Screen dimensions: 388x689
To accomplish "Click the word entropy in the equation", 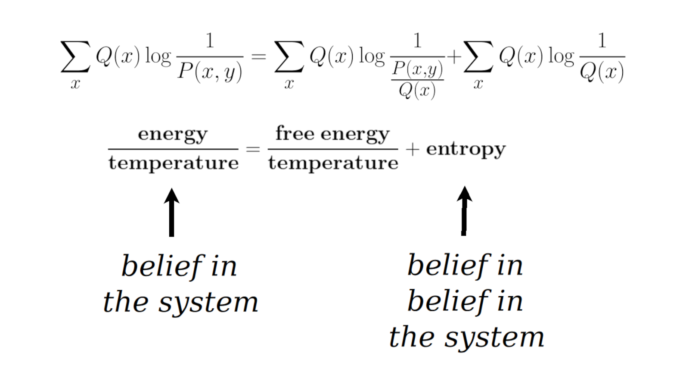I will pos(466,150).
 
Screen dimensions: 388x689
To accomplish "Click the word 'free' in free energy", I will pos(295,133).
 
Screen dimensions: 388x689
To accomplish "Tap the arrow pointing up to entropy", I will pos(464,211).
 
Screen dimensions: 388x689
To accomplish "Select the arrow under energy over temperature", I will pos(171,212).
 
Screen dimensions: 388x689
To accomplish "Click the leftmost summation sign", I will pos(75,56).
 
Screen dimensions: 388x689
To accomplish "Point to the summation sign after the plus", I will pos(478,56).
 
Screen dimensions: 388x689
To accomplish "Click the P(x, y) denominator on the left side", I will pos(210,72).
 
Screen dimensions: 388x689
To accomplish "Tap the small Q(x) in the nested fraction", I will pos(417,91).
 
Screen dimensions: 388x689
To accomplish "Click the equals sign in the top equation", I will pos(258,56).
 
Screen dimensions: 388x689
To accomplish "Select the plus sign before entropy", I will pos(412,149).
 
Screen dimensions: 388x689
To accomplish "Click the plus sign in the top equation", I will pos(454,56).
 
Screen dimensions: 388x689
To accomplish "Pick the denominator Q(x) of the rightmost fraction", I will pos(602,72).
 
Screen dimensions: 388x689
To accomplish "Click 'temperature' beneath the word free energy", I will pos(333,163).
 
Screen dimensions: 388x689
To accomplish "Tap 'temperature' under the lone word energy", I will pos(174,163).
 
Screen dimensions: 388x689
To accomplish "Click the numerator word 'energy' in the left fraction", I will pos(173,135).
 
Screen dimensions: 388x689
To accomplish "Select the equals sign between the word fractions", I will pos(253,149).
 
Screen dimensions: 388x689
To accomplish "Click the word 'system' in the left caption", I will pos(208,303).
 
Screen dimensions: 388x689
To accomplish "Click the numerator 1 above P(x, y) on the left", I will pos(210,41).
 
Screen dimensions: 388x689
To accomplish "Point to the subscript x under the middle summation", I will pos(289,84).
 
